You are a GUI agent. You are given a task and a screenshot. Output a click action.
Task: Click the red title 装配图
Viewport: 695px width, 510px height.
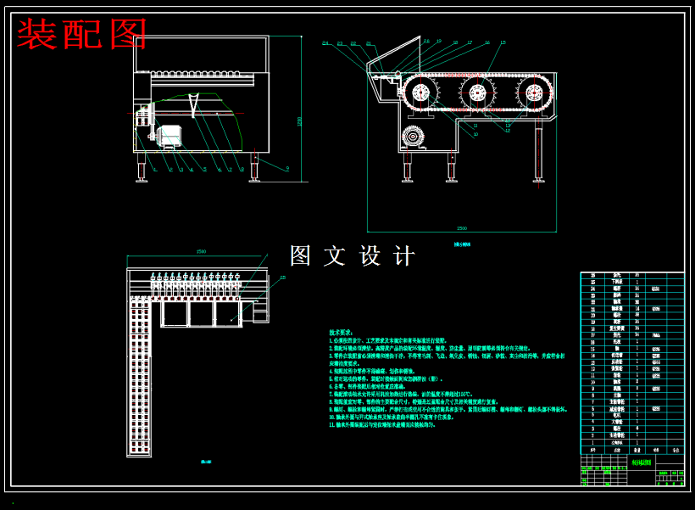(x=82, y=35)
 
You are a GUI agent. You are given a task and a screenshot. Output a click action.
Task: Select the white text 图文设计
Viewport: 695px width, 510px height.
(x=353, y=256)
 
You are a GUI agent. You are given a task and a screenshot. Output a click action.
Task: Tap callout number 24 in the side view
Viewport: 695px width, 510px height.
(x=325, y=43)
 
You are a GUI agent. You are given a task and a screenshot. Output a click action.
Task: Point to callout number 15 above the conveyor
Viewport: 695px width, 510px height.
(x=503, y=42)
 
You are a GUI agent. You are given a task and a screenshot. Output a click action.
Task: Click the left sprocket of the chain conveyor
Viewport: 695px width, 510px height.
(x=421, y=92)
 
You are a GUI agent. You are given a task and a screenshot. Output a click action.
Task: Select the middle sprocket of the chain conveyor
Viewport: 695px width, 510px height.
(x=477, y=92)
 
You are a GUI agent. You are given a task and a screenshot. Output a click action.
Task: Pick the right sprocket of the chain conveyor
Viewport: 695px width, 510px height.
(x=533, y=92)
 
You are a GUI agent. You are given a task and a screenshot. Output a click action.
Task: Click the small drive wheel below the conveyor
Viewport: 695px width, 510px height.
(x=414, y=137)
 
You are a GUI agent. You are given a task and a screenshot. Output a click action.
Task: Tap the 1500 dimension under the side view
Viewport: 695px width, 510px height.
(x=461, y=228)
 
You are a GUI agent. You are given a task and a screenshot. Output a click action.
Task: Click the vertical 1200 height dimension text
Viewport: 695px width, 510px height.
(x=299, y=120)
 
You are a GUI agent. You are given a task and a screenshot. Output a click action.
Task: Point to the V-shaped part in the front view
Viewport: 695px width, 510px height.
(x=193, y=106)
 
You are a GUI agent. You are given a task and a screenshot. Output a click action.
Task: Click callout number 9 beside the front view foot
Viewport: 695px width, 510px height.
(x=286, y=170)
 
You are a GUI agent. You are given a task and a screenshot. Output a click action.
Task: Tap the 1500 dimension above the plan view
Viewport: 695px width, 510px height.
(x=201, y=252)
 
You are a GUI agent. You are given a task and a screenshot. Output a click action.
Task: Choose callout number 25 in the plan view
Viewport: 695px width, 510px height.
(x=283, y=277)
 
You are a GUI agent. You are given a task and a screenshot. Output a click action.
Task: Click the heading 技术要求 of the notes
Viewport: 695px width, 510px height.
(x=342, y=333)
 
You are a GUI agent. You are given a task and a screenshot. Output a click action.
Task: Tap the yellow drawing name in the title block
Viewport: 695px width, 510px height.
(x=642, y=463)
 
